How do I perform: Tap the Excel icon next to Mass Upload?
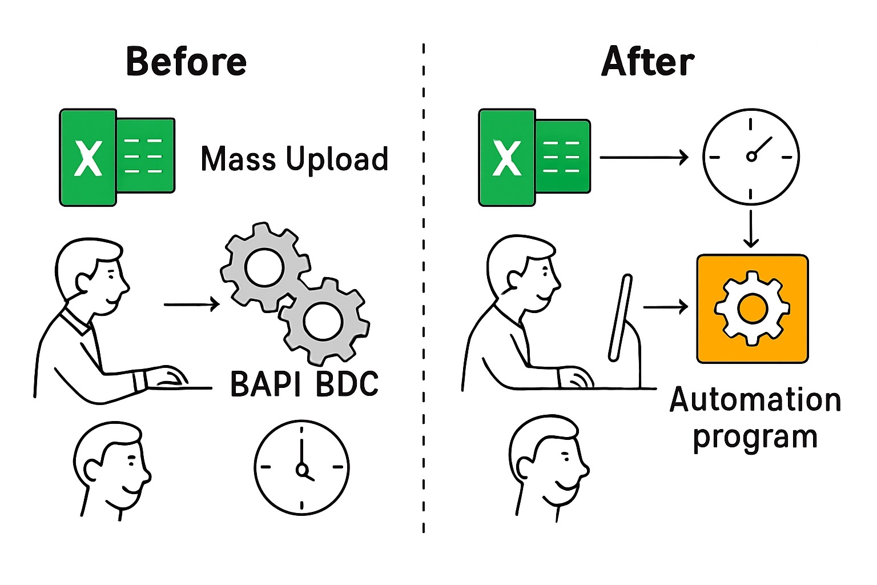click(117, 157)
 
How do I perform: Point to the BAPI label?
click(265, 383)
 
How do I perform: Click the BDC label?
click(347, 383)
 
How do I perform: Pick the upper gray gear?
click(264, 266)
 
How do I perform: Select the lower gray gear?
click(324, 322)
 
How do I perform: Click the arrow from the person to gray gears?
click(191, 304)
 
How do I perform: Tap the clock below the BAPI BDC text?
click(301, 468)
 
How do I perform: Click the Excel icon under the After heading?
click(534, 157)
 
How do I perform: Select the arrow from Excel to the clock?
click(643, 157)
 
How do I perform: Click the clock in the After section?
click(750, 157)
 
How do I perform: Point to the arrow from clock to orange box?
click(751, 228)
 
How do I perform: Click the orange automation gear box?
click(752, 309)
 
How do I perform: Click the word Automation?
click(755, 400)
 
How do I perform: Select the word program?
click(755, 437)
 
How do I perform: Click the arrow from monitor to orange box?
click(665, 307)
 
